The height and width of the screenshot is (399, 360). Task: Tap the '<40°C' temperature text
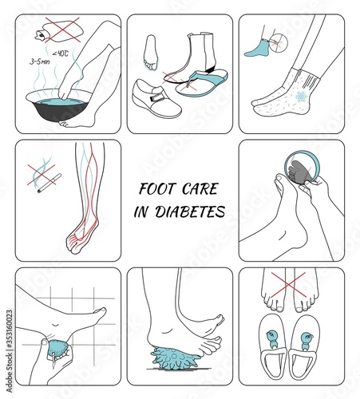(x=61, y=53)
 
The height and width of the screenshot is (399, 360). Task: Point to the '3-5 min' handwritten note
(x=39, y=62)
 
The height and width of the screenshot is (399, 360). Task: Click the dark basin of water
(x=59, y=105)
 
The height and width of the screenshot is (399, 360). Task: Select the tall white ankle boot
(x=200, y=53)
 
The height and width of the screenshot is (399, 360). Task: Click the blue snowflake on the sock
(x=302, y=96)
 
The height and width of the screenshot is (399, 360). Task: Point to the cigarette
(x=49, y=184)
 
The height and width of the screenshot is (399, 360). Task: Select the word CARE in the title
(x=200, y=189)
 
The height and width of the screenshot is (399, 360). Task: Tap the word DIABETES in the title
(x=190, y=212)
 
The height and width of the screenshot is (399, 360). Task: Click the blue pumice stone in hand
(x=58, y=350)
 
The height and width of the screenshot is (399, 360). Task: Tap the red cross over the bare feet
(x=288, y=285)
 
